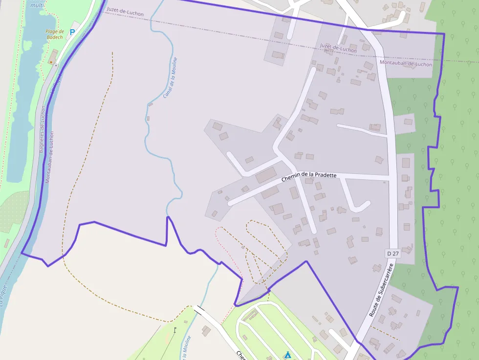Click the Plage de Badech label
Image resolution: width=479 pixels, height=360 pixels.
click(x=55, y=34)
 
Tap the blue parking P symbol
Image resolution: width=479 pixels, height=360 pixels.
click(x=73, y=32)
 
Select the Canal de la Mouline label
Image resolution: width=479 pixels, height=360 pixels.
click(x=170, y=77)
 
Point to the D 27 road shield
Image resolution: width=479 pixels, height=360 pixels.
click(x=393, y=253)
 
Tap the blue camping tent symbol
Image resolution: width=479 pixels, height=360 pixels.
click(x=288, y=355)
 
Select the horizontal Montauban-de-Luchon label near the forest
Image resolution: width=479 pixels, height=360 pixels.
click(x=406, y=64)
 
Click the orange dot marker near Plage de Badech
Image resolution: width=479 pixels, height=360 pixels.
click(x=51, y=62)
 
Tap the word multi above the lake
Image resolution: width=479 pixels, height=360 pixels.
click(x=37, y=5)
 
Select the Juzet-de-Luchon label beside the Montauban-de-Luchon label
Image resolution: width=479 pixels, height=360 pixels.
click(x=338, y=48)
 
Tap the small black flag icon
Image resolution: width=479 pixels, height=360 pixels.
click(x=174, y=330)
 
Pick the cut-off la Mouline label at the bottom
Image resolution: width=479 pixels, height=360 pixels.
click(x=185, y=349)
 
